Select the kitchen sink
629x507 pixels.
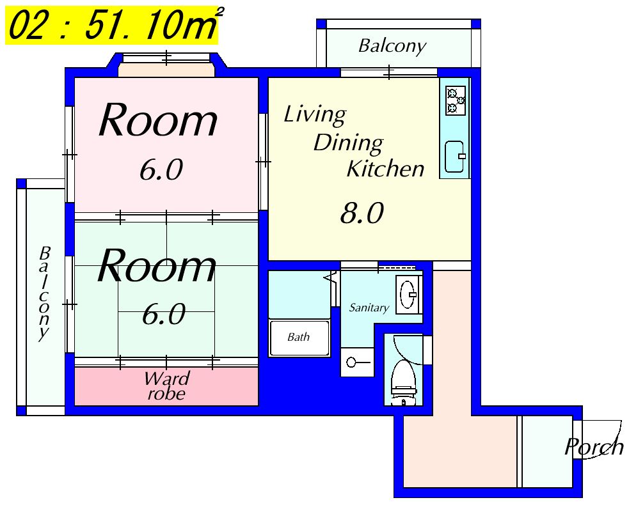pyautogui.click(x=455, y=157)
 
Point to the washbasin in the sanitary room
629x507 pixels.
pyautogui.click(x=409, y=295)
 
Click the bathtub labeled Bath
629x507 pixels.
pyautogui.click(x=299, y=338)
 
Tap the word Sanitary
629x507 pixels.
pyautogui.click(x=369, y=308)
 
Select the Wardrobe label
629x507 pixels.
pyautogui.click(x=166, y=386)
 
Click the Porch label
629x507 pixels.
pyautogui.click(x=594, y=447)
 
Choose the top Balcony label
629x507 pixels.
pyautogui.click(x=392, y=45)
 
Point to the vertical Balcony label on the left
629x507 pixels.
pyautogui.click(x=44, y=293)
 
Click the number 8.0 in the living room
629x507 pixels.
pyautogui.click(x=362, y=213)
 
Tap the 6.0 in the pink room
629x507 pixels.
pyautogui.click(x=161, y=169)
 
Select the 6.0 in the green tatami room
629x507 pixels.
pyautogui.click(x=164, y=314)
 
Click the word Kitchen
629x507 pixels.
pyautogui.click(x=385, y=168)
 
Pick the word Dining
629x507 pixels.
pyautogui.click(x=348, y=143)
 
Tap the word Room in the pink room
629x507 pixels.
pyautogui.click(x=158, y=120)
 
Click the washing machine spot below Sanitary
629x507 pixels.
pyautogui.click(x=358, y=363)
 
